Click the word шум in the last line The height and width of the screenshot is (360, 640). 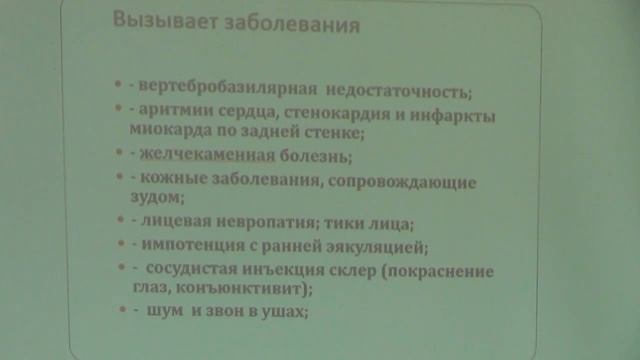(162, 312)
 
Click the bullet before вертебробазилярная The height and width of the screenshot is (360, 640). (119, 84)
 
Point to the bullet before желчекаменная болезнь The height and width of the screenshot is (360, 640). (119, 153)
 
